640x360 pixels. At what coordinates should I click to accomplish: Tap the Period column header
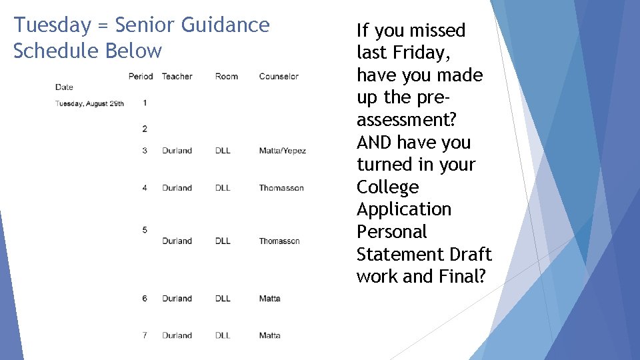coord(141,77)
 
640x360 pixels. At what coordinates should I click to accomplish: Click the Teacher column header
coord(177,77)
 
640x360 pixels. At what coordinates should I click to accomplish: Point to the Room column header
coord(227,77)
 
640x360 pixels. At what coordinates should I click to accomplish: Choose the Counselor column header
coord(279,77)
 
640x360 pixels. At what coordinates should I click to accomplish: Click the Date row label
coord(65,87)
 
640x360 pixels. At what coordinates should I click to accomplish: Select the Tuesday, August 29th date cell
coord(89,103)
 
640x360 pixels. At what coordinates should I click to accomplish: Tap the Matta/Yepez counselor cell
coord(282,151)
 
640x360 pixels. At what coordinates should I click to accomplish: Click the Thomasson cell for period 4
coord(281,188)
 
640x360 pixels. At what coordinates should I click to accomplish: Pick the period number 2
coord(145,128)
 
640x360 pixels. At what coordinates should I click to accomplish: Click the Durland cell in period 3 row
coord(177,151)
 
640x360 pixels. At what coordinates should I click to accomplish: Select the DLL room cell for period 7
coord(223,335)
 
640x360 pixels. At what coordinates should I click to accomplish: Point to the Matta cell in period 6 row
coord(269,299)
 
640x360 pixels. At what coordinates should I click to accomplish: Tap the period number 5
coord(145,230)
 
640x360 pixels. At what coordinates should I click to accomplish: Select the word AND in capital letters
coord(377,143)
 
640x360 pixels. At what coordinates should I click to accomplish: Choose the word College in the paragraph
coord(387,187)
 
